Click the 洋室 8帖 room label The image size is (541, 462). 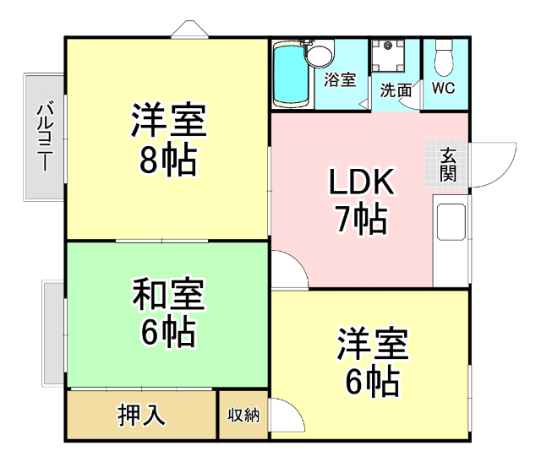click(168, 139)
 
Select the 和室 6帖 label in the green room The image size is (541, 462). click(168, 313)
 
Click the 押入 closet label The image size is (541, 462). click(141, 416)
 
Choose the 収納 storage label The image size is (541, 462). click(243, 416)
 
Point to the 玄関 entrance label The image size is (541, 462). click(448, 165)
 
